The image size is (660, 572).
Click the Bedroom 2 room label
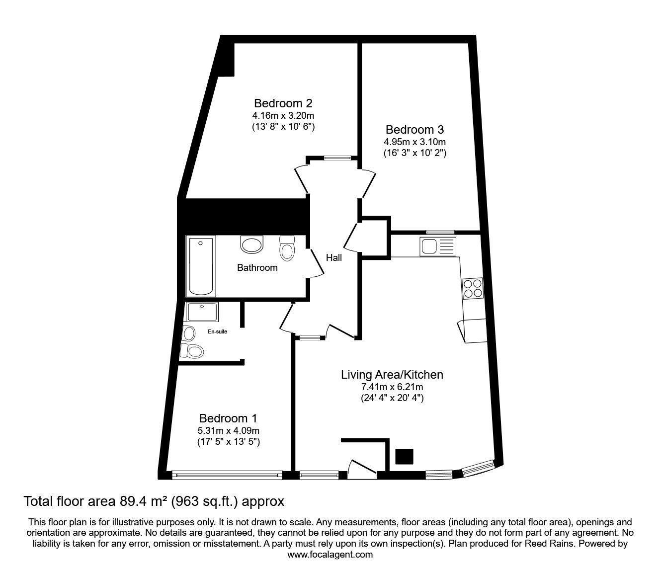pyautogui.click(x=283, y=103)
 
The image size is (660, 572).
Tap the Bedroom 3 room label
pyautogui.click(x=414, y=130)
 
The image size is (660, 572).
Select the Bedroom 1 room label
pyautogui.click(x=228, y=418)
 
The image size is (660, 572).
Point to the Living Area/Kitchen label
pyautogui.click(x=392, y=375)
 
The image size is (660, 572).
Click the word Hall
pyautogui.click(x=333, y=258)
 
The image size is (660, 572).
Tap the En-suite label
pyautogui.click(x=218, y=331)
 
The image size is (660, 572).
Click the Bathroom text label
pyautogui.click(x=257, y=268)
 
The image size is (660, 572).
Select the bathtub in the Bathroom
pyautogui.click(x=200, y=267)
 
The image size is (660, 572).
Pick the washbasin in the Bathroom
pyautogui.click(x=251, y=245)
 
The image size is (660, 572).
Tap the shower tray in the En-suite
pyautogui.click(x=202, y=312)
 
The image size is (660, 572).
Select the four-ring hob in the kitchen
pyautogui.click(x=473, y=289)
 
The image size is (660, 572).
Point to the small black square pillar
pyautogui.click(x=405, y=456)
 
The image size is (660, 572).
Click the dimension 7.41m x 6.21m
pyautogui.click(x=392, y=387)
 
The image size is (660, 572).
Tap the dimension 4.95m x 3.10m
pyautogui.click(x=414, y=142)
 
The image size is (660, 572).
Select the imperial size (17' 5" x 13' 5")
pyautogui.click(x=228, y=442)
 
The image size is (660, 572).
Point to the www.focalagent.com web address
pyautogui.click(x=330, y=555)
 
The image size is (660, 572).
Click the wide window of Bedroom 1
pyautogui.click(x=227, y=475)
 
